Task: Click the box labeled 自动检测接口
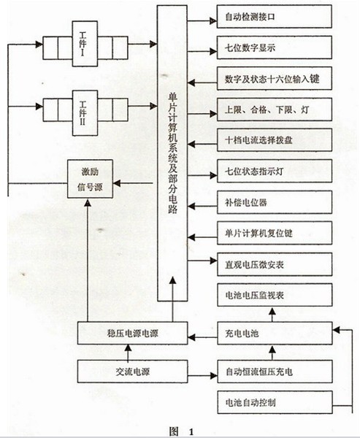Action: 275,17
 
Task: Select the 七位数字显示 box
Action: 275,47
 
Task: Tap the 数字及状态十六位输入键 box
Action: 275,79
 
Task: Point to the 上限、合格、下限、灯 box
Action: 275,109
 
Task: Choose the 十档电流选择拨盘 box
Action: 275,140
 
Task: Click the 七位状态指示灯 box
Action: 275,172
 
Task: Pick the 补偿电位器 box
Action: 275,202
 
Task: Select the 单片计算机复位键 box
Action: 275,234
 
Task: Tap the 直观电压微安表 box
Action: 275,264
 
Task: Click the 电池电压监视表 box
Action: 275,295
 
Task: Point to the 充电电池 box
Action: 275,334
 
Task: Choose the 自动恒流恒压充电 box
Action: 275,372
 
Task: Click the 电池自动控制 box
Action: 275,402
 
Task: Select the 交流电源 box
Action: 132,372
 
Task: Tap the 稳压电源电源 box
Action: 132,334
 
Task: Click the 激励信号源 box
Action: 90,179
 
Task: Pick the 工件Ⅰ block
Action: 85,44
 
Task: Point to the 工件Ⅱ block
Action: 85,113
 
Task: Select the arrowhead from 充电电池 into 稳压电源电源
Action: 191,337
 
